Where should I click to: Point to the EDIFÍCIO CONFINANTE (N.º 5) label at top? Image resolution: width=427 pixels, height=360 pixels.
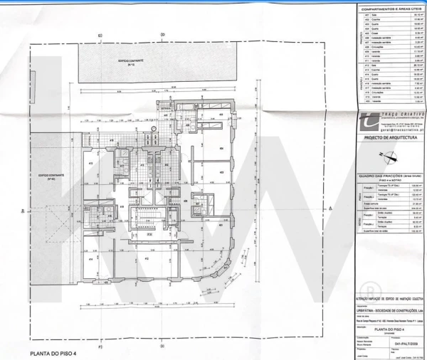[132, 63]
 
